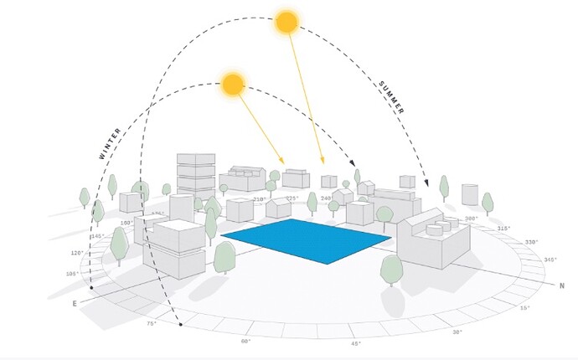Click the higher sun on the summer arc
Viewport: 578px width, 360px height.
coord(287,23)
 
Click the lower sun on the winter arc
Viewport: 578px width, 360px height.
coord(233,83)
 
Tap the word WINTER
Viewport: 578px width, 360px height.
coord(111,143)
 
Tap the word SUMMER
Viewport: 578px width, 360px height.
coord(392,97)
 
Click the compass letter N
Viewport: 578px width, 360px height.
coord(562,285)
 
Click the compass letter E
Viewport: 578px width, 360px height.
coord(75,302)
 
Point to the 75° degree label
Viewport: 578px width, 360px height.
coord(152,323)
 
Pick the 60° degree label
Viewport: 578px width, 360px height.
coord(246,342)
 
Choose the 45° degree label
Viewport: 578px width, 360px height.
coord(356,343)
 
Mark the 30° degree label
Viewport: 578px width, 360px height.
coord(457,332)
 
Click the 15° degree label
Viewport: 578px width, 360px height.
coord(526,309)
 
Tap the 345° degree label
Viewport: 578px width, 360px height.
coord(550,260)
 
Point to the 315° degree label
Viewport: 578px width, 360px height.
coord(503,228)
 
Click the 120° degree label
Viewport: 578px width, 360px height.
coord(77,253)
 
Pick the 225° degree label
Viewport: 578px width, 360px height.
coord(292,198)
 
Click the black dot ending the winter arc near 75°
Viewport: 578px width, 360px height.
coord(180,324)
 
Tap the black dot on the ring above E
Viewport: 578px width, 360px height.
coord(91,287)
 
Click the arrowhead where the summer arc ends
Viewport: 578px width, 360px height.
coord(428,183)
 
